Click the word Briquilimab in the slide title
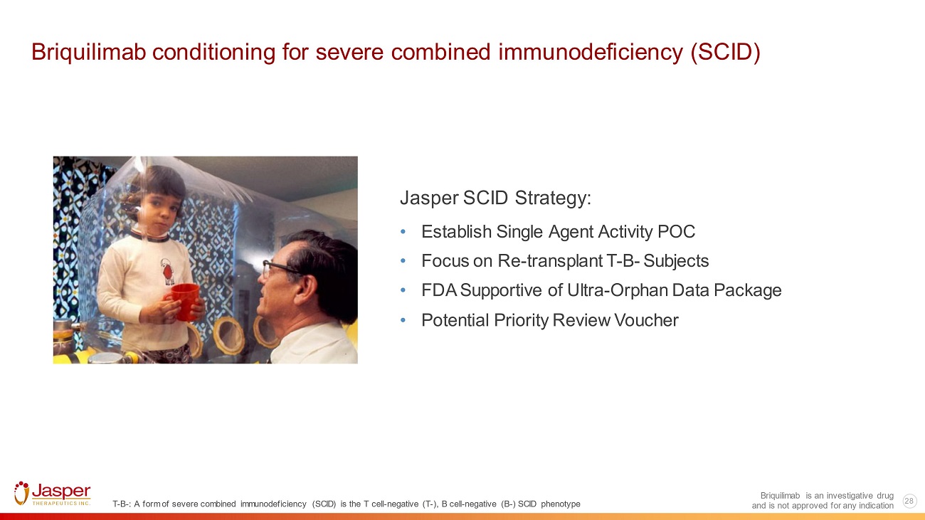pos(89,53)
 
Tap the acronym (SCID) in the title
pos(725,53)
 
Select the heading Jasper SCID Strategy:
pos(495,198)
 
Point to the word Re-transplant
pos(550,261)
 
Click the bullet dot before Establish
pos(403,233)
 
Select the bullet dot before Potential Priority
pos(403,321)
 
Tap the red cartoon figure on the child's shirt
pos(168,272)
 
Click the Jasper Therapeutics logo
pos(53,493)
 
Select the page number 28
pos(909,501)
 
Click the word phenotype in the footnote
pos(561,504)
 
